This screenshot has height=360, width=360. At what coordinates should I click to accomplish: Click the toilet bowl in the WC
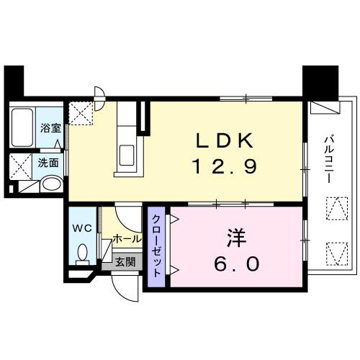[82, 253]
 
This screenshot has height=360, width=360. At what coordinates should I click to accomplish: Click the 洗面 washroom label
[49, 162]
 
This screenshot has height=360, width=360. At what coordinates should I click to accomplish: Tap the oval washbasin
[50, 184]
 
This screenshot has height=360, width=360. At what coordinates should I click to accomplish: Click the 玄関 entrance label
[124, 262]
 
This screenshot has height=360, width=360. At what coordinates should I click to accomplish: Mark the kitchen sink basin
[130, 154]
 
